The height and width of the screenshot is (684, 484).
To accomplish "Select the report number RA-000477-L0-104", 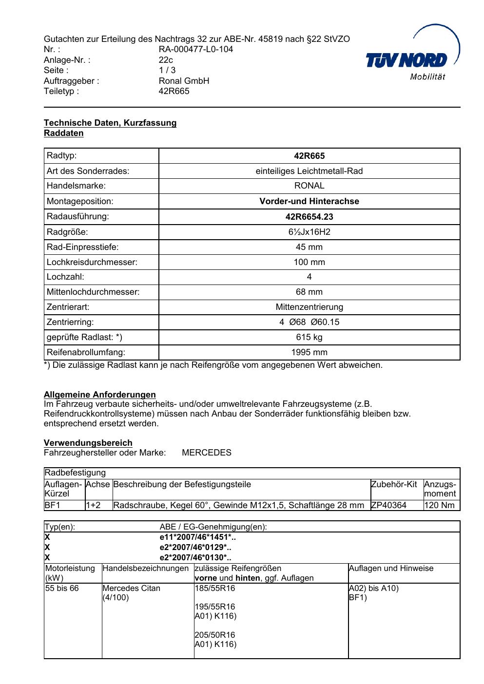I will (x=195, y=49).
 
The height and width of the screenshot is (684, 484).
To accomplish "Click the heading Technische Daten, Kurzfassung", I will (x=110, y=123).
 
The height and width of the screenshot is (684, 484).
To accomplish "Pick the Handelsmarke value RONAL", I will (x=309, y=186).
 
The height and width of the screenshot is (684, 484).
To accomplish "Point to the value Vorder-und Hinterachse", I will (x=309, y=201).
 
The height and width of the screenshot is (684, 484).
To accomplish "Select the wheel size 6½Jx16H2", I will (x=309, y=232).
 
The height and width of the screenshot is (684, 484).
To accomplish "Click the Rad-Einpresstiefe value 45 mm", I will (x=309, y=247).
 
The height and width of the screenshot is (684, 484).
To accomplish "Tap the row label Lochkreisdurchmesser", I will (x=92, y=262).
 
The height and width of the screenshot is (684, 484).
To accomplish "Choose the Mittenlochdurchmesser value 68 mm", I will (x=309, y=292).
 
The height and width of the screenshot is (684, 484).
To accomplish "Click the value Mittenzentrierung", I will (x=309, y=307).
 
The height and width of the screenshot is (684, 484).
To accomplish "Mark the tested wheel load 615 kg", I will (x=309, y=337).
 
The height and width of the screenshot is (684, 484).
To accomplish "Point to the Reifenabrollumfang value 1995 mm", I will (x=309, y=352).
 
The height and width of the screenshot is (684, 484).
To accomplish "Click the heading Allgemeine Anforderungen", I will (x=100, y=395).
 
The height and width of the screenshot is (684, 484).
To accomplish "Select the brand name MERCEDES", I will (x=207, y=453).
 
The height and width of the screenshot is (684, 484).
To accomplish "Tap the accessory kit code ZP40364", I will (x=388, y=505).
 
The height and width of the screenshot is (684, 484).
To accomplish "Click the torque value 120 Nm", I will (x=440, y=505).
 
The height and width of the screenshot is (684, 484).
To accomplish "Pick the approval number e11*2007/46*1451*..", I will (x=197, y=537).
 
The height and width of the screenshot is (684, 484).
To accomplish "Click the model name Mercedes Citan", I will (x=131, y=588).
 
